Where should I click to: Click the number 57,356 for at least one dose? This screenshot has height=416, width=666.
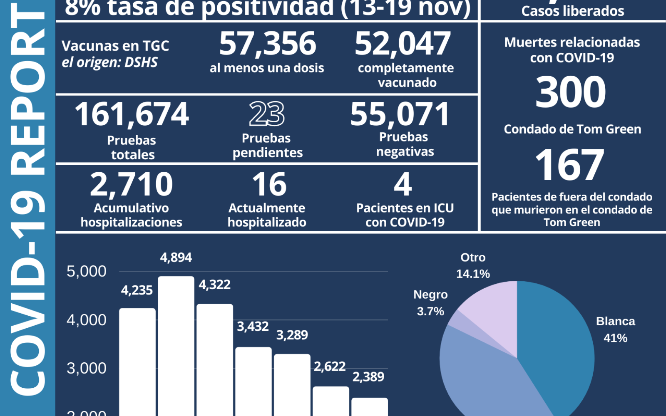[268, 44]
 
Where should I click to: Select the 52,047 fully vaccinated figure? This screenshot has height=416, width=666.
[403, 44]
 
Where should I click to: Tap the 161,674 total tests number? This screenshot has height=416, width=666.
[132, 114]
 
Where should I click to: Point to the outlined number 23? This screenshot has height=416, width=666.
[267, 114]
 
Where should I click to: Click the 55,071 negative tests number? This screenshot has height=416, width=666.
[400, 114]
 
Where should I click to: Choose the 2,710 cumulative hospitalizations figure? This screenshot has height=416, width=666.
[131, 184]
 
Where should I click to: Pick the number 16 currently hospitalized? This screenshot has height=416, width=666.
[269, 184]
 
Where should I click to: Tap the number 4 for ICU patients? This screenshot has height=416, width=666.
[403, 184]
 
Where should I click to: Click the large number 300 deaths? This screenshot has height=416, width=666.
[571, 92]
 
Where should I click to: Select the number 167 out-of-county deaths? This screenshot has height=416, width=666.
[569, 165]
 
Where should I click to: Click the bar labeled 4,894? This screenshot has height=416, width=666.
[176, 345]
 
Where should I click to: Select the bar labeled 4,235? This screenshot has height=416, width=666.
[137, 362]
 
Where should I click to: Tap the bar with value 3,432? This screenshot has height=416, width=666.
[253, 381]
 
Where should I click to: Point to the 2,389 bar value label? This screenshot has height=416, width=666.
[368, 377]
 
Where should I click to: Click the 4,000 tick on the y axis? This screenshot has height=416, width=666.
[87, 320]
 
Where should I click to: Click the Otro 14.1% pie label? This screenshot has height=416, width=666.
[473, 265]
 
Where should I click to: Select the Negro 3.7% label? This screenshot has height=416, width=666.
[430, 303]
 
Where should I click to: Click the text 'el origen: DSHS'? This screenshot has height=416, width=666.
[109, 62]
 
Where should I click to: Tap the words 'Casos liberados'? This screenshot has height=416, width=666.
[573, 11]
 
